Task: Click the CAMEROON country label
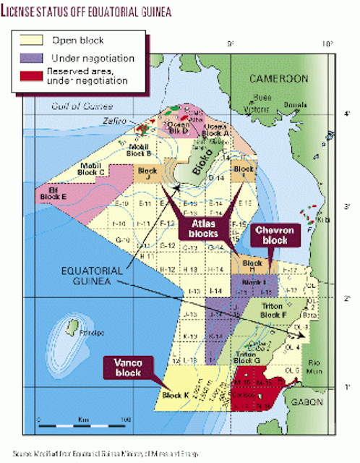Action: point(280,78)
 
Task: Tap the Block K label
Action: point(176,395)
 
